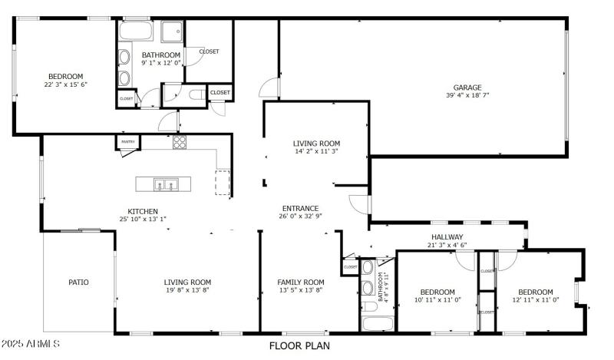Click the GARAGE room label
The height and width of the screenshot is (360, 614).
click(x=467, y=88)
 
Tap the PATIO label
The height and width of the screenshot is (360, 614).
click(x=78, y=282)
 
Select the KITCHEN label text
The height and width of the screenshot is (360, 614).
click(x=143, y=211)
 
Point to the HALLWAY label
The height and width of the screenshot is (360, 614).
click(x=447, y=236)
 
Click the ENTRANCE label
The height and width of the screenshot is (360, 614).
click(x=300, y=208)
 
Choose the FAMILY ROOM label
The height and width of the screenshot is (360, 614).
click(x=300, y=282)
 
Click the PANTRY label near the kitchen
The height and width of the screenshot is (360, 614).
click(x=127, y=141)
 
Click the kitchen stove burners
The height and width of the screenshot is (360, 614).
click(x=180, y=141)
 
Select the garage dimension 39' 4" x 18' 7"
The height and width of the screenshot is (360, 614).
click(x=467, y=95)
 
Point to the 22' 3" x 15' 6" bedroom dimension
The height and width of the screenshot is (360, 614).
click(x=65, y=84)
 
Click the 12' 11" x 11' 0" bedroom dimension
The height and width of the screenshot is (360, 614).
click(x=535, y=300)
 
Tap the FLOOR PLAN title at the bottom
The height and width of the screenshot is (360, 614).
click(x=299, y=345)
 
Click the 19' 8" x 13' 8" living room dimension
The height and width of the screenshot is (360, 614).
click(x=187, y=290)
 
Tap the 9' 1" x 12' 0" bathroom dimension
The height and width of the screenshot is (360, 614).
click(x=161, y=63)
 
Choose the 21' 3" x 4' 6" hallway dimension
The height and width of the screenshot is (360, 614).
click(x=447, y=245)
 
